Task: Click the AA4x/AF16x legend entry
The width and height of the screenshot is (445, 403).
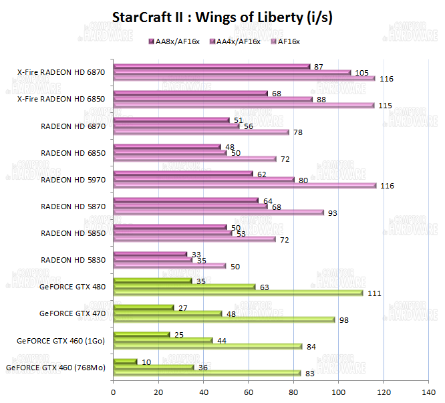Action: [x=237, y=42]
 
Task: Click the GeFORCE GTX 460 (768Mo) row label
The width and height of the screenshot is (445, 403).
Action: [x=55, y=367]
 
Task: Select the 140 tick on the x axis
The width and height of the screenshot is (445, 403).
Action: [x=429, y=392]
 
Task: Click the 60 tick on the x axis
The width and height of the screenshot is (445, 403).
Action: [x=249, y=392]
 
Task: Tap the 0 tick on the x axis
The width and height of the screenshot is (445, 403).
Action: [x=114, y=392]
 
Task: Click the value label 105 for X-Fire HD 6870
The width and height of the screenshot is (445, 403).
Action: [x=361, y=72]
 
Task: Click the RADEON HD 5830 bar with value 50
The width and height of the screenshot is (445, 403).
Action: [x=170, y=266]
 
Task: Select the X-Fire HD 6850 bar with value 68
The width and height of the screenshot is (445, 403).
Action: [x=190, y=94]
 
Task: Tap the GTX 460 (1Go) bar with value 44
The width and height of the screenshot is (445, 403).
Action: [x=163, y=340]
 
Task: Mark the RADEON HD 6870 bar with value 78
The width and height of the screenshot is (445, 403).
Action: [x=201, y=132]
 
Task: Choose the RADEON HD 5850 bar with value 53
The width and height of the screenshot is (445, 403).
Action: [x=173, y=233]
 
